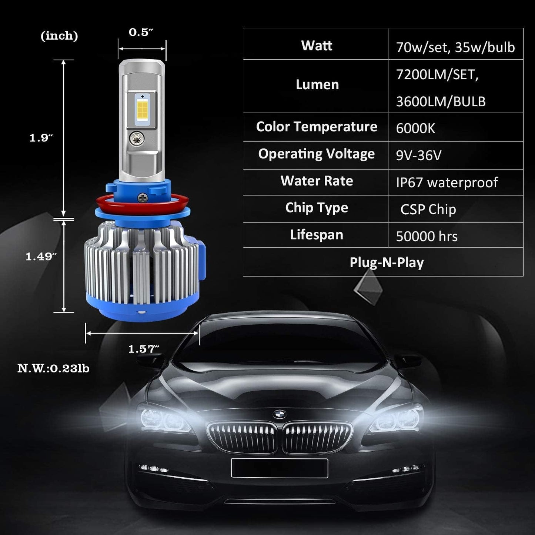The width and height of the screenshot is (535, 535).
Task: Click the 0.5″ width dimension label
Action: coord(141,33)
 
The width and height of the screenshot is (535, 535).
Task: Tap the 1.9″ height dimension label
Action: coord(41,138)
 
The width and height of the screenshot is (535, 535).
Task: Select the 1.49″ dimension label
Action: coord(41,257)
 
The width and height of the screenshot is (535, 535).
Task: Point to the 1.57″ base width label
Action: coord(144,349)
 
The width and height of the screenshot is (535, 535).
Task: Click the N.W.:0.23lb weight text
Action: coord(53,369)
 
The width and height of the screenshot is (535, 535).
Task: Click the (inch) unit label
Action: coord(59,36)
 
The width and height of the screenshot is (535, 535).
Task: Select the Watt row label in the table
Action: coord(317,46)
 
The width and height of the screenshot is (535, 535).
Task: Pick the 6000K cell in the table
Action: coord(415,128)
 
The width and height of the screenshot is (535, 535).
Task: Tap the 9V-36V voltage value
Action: coord(419,156)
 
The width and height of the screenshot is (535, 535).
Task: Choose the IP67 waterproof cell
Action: coord(447,183)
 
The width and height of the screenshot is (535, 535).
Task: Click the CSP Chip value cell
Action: coord(428,210)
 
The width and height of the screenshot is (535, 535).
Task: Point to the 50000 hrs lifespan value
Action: coord(427,236)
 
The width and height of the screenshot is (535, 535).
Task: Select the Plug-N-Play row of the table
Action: coord(387,263)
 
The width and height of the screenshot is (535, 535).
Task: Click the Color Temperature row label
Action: coord(317,127)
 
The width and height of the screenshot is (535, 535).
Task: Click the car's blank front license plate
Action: coord(280,468)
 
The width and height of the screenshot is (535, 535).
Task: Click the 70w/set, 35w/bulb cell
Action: coord(455,47)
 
